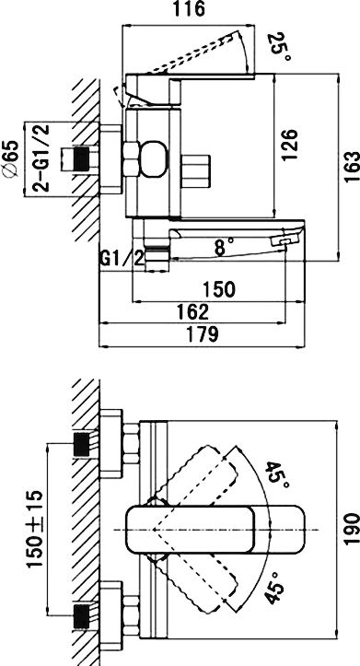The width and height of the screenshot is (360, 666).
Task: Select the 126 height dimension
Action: click(x=289, y=146)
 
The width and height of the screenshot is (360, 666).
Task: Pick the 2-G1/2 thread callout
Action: click(x=41, y=158)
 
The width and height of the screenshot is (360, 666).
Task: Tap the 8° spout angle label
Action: click(x=224, y=246)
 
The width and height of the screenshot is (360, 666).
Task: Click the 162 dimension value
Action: click(x=193, y=312)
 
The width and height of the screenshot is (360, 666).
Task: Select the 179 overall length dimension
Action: click(x=202, y=334)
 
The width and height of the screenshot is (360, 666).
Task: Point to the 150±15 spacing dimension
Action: click(x=35, y=529)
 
